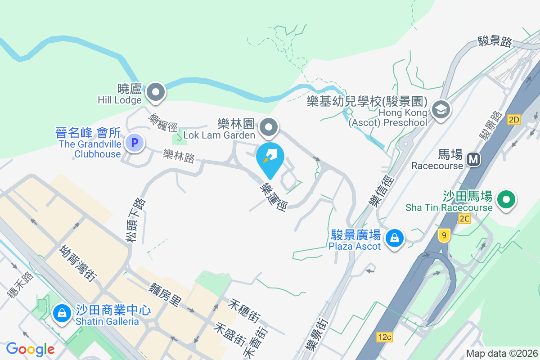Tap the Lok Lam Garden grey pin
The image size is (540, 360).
click(269, 127)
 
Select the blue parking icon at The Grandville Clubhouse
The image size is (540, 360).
click(134, 143)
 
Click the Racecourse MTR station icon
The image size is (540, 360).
click(473, 159)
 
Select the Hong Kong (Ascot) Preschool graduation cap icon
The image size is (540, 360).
click(441, 109)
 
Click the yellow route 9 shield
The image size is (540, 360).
click(444, 234)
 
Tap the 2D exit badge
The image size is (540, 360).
click(513, 119)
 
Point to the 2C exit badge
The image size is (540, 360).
click(464, 219)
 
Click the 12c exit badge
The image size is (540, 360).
click(385, 337)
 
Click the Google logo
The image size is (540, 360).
click(30, 349)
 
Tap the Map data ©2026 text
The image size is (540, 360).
click(502, 353)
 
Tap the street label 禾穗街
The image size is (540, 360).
click(243, 310)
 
